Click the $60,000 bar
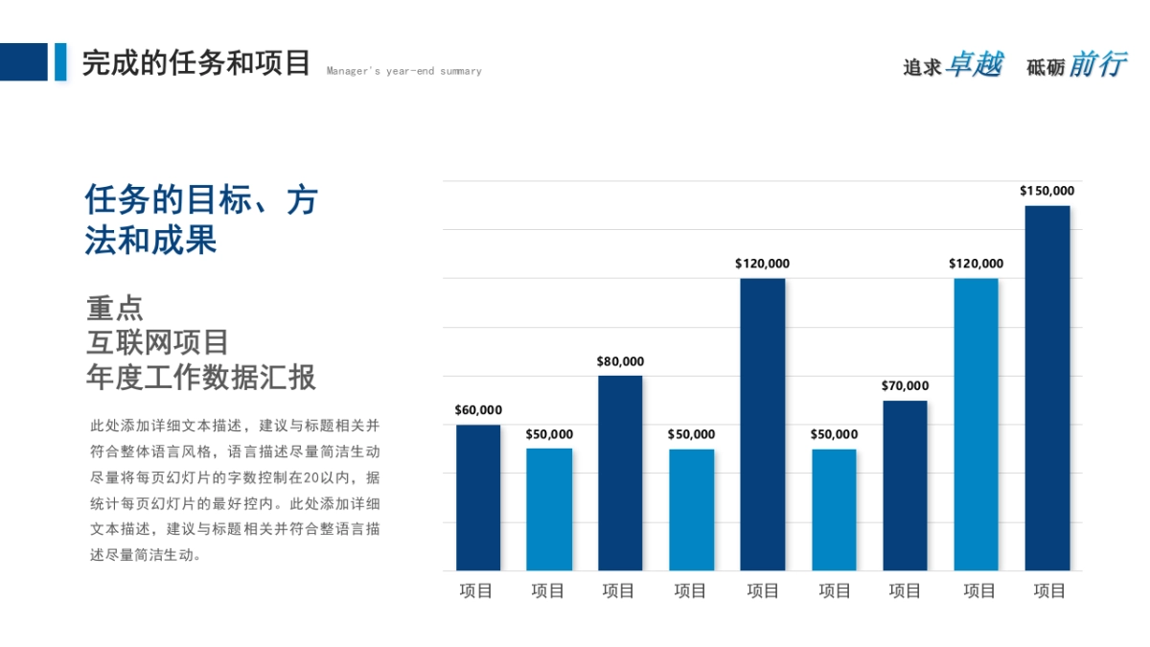[x=478, y=497]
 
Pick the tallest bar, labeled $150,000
[x=1047, y=388]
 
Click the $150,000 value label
[x=1046, y=191]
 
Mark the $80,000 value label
[x=620, y=361]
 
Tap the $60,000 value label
[x=478, y=410]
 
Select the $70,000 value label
[x=905, y=386]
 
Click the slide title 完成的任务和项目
[x=196, y=63]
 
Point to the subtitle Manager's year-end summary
[x=403, y=71]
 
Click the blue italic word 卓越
[x=974, y=64]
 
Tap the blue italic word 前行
[x=1097, y=64]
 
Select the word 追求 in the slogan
[x=922, y=67]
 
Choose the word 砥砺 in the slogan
[x=1046, y=67]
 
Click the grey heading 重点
[x=115, y=309]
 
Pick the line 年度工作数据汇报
[x=200, y=377]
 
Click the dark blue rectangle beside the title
[x=23, y=61]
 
